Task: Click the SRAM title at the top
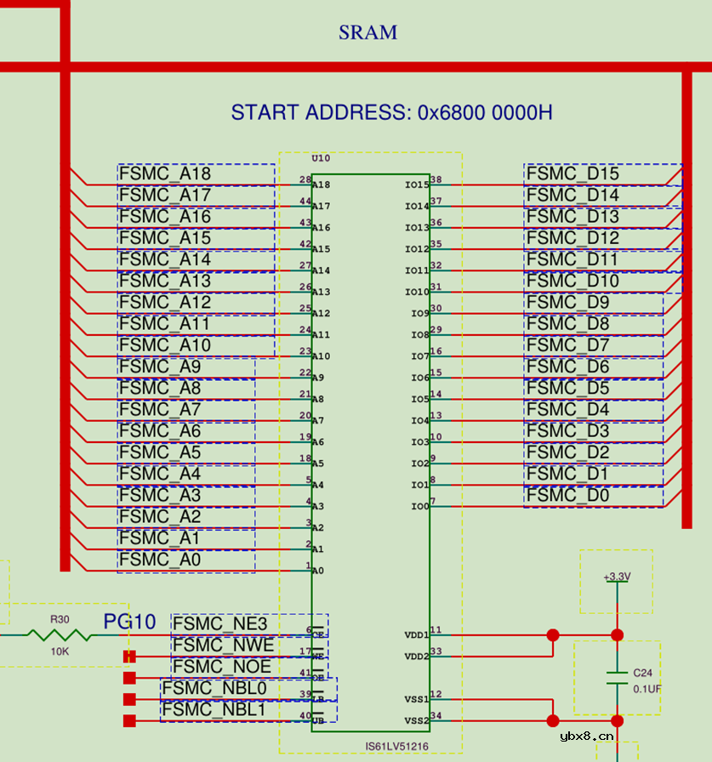click(x=367, y=33)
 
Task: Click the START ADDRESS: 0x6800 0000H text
click(x=392, y=112)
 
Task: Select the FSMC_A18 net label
click(x=165, y=173)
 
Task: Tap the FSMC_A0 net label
click(x=160, y=560)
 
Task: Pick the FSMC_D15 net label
click(x=572, y=173)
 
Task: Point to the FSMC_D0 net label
click(x=567, y=495)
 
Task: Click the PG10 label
click(x=129, y=622)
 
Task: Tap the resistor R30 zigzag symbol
click(x=60, y=634)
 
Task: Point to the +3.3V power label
click(x=617, y=577)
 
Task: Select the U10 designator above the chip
click(x=321, y=159)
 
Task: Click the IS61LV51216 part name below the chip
click(x=396, y=747)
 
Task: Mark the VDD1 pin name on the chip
click(x=416, y=635)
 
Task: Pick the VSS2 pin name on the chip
click(x=416, y=721)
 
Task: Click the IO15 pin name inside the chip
click(x=416, y=185)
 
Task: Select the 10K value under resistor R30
click(x=60, y=651)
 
